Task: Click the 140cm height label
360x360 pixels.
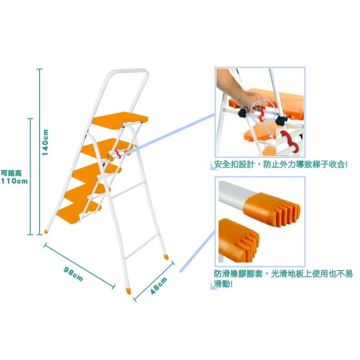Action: (45, 142)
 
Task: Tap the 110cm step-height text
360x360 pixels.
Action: (14, 181)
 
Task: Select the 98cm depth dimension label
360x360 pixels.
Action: (73, 274)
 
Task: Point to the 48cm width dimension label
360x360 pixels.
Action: (159, 286)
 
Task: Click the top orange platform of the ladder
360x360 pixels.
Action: (120, 118)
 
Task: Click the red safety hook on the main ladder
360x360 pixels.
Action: (117, 154)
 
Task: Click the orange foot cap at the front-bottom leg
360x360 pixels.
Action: (128, 291)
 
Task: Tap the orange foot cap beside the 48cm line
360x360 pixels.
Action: (166, 257)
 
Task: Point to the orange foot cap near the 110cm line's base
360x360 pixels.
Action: (46, 231)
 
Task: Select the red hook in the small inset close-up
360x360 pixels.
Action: (289, 142)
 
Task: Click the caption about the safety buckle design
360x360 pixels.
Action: (281, 165)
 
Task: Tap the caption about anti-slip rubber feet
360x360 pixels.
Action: (283, 279)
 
